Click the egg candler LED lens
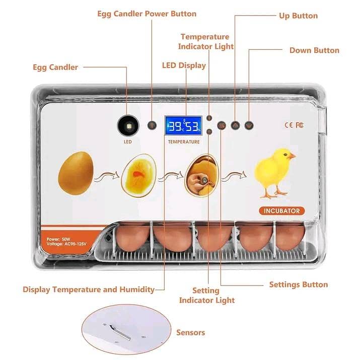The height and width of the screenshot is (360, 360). click(128, 126)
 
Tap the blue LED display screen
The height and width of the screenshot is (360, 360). click(184, 125)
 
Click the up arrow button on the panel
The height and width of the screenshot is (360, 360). click(235, 125)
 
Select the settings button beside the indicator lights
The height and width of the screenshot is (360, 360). click(222, 125)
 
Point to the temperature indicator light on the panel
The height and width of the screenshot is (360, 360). click(209, 118)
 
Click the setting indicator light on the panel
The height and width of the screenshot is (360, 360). click(209, 132)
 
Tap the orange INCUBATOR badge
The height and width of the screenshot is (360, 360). click(282, 211)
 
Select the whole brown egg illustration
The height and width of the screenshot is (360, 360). click(76, 173)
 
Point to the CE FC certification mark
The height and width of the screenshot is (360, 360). click(294, 125)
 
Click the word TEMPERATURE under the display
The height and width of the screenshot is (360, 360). click(184, 142)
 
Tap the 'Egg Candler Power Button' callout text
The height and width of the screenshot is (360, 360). click(147, 14)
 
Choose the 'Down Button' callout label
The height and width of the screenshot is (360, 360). click(314, 50)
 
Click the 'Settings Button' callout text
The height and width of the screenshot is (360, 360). click(299, 284)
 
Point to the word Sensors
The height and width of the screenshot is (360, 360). click(190, 332)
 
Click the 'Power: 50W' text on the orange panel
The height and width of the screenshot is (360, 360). click(58, 239)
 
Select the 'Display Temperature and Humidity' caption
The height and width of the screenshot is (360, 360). click(89, 290)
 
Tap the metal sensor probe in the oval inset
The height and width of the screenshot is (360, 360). click(120, 332)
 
